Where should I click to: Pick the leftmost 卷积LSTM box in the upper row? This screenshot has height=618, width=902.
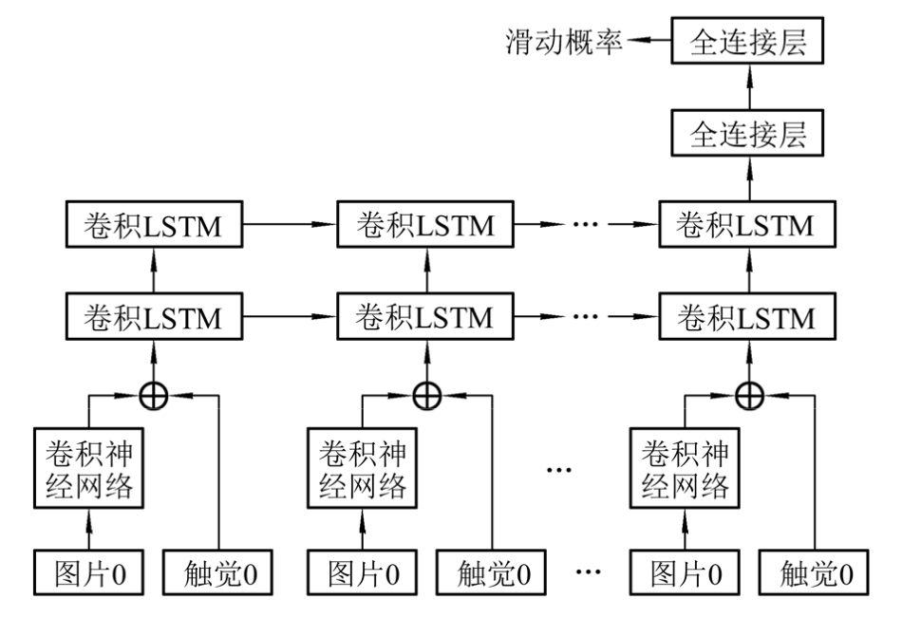152,226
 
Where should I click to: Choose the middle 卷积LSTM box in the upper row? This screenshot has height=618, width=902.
424,226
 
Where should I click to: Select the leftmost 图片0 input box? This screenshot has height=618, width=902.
89,572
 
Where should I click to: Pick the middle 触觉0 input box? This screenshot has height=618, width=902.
493,572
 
